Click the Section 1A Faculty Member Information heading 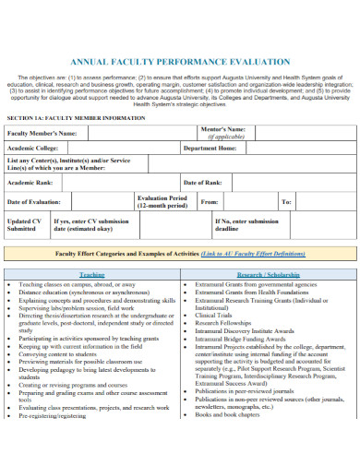[x=75, y=119]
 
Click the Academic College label [x=33, y=148]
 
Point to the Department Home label [x=210, y=148]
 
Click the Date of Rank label [x=203, y=182]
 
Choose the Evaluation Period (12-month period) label [x=162, y=201]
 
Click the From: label [x=210, y=201]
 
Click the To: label [x=286, y=201]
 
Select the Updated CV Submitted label [x=24, y=225]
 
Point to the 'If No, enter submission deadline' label [x=246, y=225]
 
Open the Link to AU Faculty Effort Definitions [x=253, y=252]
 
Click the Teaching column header [x=91, y=275]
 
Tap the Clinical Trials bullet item [x=213, y=315]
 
